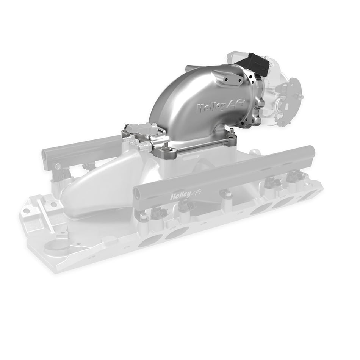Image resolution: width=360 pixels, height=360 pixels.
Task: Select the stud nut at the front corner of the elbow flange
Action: (165, 146)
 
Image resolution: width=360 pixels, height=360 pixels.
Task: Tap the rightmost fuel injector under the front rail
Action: (294, 177)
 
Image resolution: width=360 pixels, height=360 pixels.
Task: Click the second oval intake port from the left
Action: (176, 232)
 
